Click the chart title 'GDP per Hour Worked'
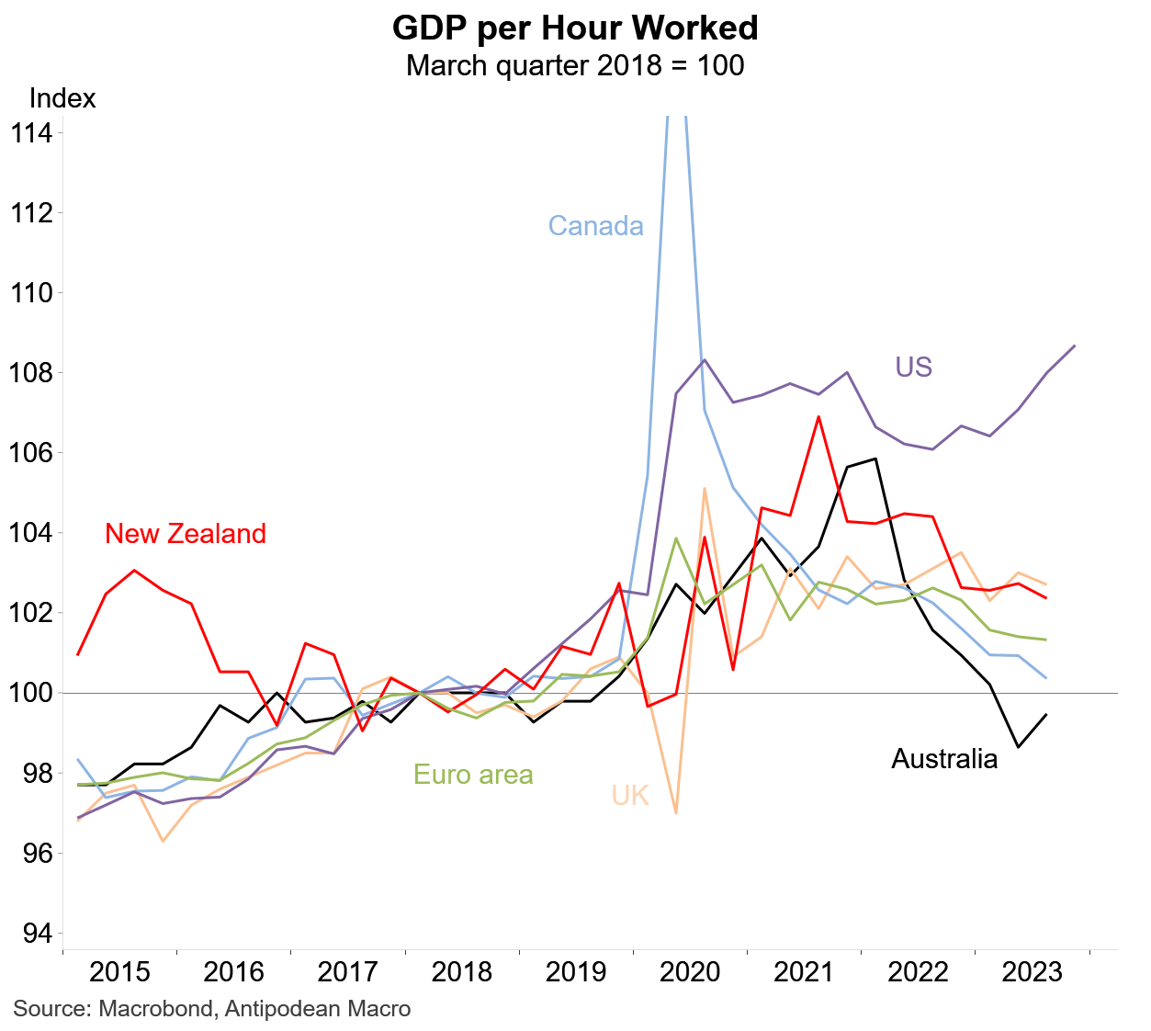(x=575, y=28)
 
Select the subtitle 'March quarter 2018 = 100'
(x=575, y=66)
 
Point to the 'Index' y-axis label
(x=62, y=98)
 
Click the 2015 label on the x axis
(x=119, y=972)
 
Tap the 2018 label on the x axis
(x=462, y=972)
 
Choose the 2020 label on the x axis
(x=691, y=972)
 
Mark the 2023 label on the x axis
(x=1033, y=972)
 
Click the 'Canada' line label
(x=595, y=226)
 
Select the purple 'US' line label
(x=913, y=368)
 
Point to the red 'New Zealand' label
(x=186, y=534)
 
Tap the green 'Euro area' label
(x=473, y=775)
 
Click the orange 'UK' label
(x=630, y=796)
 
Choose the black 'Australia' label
(x=944, y=759)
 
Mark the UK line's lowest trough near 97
(x=676, y=813)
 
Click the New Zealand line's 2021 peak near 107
(x=818, y=416)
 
